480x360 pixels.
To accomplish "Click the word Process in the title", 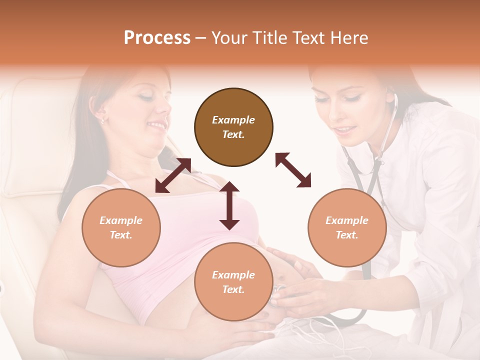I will coord(157,38).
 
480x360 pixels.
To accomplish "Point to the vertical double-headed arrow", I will coord(229,205).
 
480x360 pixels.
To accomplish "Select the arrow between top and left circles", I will coord(173,175).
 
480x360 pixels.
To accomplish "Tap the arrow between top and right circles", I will coord(293,170).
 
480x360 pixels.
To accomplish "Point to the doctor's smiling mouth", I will coord(344,130).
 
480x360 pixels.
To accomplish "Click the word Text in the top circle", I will coord(233,134).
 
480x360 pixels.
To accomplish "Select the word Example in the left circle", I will coord(121,220).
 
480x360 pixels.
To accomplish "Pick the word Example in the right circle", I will coord(347,220).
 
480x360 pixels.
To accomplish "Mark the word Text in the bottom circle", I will coord(233,289).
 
